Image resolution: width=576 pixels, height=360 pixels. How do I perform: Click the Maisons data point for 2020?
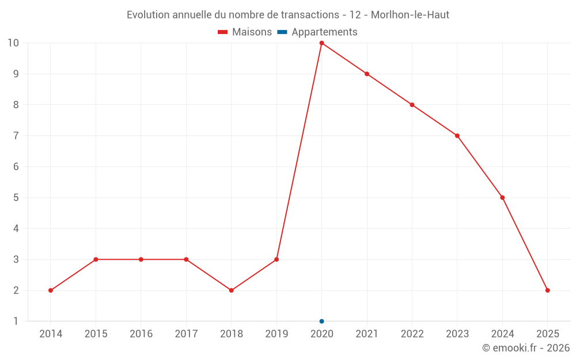coord(321,43)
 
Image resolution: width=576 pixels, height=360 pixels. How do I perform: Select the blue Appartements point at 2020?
coord(321,321)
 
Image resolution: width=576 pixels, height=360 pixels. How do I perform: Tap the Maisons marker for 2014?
coord(51,290)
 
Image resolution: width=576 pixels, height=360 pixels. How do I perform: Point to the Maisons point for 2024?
coord(502,198)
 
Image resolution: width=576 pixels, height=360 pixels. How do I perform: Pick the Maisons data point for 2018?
coord(231,290)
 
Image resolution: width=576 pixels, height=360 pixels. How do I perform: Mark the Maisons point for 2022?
coord(412,105)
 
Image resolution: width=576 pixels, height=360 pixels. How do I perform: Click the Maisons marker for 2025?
coord(547,290)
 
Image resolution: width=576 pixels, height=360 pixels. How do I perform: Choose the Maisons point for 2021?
coord(367,74)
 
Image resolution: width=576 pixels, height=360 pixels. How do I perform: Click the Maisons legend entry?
coord(245,32)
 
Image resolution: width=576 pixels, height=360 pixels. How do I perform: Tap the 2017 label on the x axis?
coord(186,334)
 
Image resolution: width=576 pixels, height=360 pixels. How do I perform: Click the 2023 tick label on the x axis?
coord(457,334)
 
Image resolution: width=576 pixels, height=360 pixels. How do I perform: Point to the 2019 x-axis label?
coord(276,334)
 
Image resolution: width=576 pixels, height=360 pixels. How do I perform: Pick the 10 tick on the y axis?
coord(13,43)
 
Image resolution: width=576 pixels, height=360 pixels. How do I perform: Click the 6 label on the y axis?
coord(16,166)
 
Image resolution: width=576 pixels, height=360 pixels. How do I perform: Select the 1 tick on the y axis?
coord(16,321)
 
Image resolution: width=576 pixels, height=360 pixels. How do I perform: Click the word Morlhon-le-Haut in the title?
coord(410,14)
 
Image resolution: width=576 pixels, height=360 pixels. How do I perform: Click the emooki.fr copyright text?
coord(526,348)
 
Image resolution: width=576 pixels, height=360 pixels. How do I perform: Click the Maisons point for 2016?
coord(141,259)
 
